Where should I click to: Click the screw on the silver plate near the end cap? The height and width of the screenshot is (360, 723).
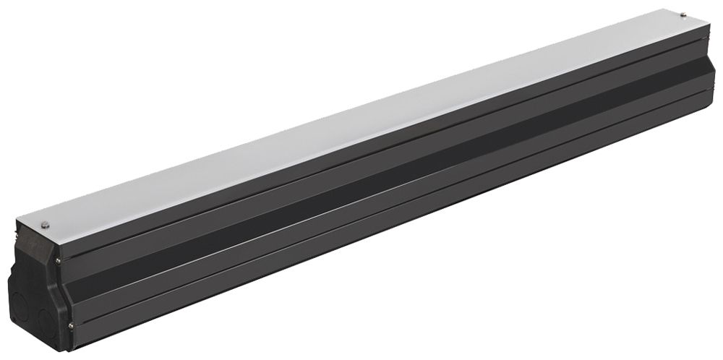coord(45,224)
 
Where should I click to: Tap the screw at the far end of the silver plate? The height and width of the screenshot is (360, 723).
coord(684,14)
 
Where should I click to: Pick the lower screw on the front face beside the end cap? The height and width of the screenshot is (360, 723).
coord(70,325)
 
